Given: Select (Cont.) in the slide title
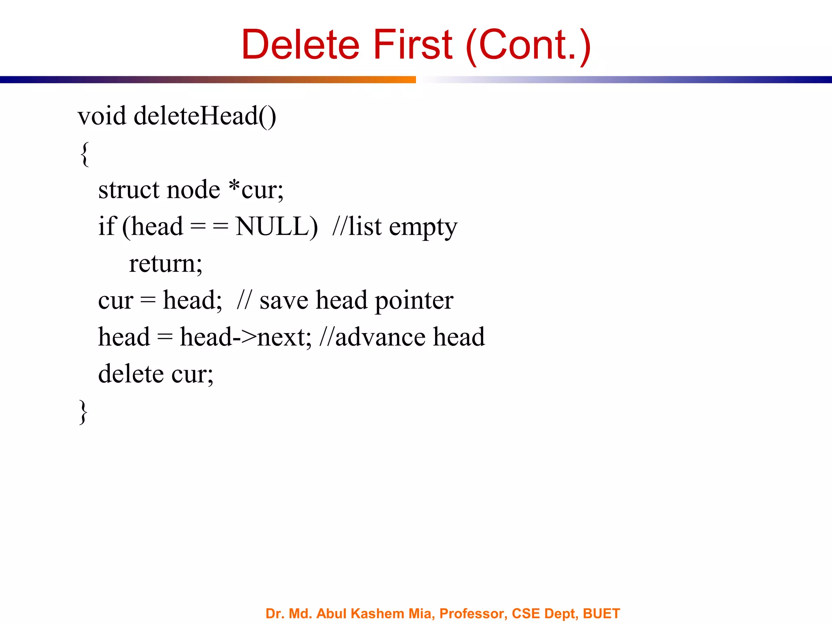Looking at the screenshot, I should click(x=528, y=45).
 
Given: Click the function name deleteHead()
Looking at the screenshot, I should click(x=205, y=116).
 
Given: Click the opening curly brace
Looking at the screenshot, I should click(x=84, y=154).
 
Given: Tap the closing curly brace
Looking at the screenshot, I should click(x=83, y=412).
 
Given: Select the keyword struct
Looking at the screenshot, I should click(x=129, y=190).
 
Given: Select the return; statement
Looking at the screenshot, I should click(x=165, y=264).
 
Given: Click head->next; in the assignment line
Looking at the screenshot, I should click(x=245, y=338).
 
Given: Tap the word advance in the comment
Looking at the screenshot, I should click(x=380, y=338).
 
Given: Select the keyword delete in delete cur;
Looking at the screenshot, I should click(x=131, y=374).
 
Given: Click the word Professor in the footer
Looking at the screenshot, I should click(x=473, y=613).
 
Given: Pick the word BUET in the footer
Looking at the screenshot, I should click(x=601, y=613).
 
